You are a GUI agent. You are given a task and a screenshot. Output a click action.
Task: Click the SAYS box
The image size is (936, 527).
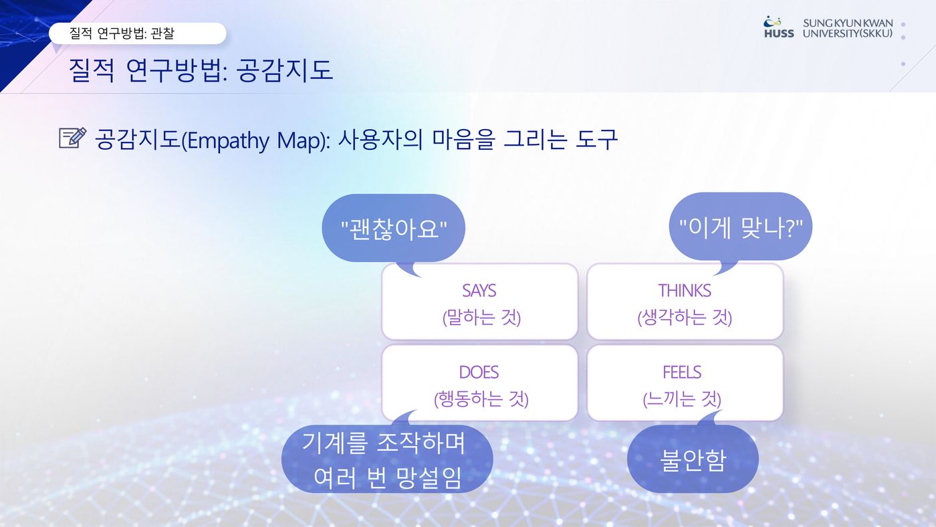(x=480, y=302)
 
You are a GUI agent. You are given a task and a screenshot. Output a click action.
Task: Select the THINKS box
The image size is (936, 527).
(x=685, y=302)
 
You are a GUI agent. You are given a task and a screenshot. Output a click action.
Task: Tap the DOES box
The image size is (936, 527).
(x=480, y=383)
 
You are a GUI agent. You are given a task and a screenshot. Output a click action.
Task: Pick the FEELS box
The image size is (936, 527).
(x=685, y=383)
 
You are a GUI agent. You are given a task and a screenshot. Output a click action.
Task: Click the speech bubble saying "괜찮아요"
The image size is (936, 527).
(x=393, y=228)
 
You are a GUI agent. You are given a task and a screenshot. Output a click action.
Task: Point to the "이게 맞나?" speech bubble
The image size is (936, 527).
(x=741, y=227)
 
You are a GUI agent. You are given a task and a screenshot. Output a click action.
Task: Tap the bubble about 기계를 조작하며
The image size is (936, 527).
(x=387, y=459)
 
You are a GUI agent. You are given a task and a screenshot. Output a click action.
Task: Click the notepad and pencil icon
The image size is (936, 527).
(x=73, y=138)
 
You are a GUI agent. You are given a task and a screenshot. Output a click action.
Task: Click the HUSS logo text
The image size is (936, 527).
(x=779, y=33)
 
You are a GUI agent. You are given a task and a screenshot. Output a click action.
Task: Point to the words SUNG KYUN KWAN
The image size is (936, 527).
(x=848, y=23)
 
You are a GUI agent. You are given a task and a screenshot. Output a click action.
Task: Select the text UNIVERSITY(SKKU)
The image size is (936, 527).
(x=848, y=33)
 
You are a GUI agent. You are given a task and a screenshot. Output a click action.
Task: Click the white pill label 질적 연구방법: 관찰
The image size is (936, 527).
(x=138, y=33)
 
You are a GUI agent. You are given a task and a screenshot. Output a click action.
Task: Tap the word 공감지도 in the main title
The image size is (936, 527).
(x=285, y=70)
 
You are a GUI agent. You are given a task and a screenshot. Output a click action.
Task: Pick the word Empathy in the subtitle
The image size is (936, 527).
(x=229, y=140)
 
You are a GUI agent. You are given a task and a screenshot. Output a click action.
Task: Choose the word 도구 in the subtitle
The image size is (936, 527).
(x=596, y=139)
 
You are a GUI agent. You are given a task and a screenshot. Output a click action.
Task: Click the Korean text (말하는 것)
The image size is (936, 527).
(x=482, y=317)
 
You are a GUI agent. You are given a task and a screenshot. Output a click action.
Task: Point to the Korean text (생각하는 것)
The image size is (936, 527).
(x=685, y=317)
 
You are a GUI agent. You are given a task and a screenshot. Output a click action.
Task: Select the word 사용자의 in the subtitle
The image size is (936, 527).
(x=380, y=139)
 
